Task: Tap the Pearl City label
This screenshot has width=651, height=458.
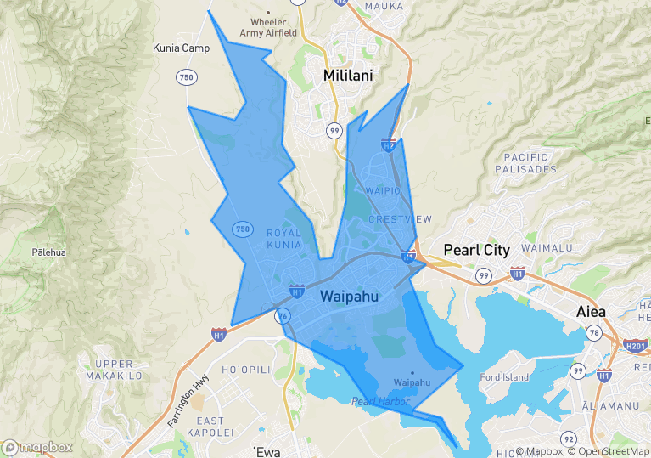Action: pos(477,251)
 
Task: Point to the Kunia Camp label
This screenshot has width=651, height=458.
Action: pos(181,48)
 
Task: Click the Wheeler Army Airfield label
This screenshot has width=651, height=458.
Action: pos(268,27)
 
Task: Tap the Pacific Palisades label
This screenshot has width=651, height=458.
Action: pos(530,163)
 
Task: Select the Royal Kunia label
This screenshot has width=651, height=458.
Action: pos(284,239)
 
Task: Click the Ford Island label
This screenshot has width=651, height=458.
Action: pos(504,377)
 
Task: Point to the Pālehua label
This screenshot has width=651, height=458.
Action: pos(48,252)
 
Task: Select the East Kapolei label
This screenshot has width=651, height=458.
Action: pos(210,427)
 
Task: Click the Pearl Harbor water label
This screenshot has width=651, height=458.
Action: pos(380,401)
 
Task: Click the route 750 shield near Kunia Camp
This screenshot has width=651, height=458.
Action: pos(187,77)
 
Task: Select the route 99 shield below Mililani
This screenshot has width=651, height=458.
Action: pos(334,130)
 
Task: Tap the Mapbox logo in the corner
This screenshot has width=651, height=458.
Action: pos(37,447)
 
